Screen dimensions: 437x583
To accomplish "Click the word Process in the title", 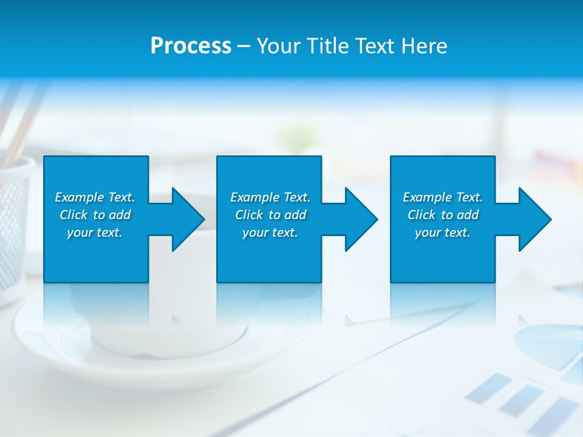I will (x=191, y=46).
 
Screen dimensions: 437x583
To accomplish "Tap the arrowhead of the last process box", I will (x=535, y=219).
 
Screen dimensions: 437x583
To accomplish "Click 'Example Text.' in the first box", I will (x=95, y=197).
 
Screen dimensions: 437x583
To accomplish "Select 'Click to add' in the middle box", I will (x=270, y=215).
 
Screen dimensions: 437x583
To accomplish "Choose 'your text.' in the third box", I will (x=443, y=232).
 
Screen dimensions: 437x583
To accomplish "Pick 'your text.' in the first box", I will (x=95, y=232).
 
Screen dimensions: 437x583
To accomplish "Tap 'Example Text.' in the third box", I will (x=443, y=197).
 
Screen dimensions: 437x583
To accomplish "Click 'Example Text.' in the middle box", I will (x=270, y=197).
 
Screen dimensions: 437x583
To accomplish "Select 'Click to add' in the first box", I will (x=95, y=215).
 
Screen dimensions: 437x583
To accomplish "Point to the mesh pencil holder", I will (x=15, y=225).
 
